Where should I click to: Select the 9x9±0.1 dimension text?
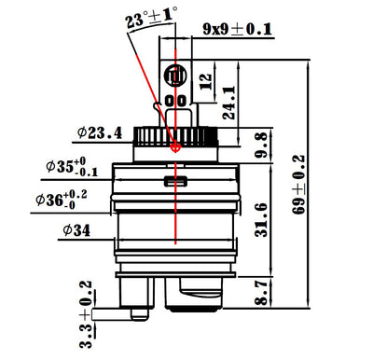237,30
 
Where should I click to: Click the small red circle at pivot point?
175,146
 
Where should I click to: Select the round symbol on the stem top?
175,74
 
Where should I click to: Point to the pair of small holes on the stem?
175,99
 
